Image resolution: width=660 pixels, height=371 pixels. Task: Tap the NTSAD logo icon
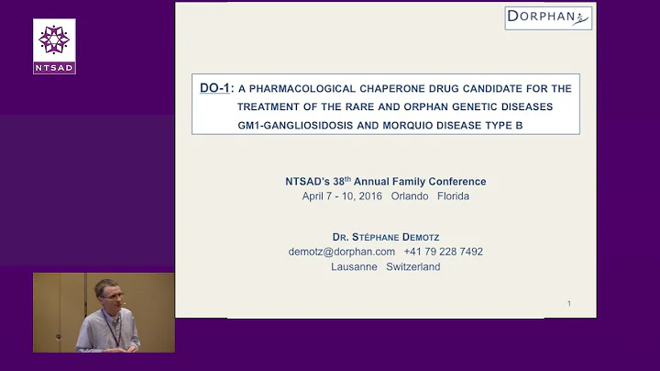click(x=54, y=40)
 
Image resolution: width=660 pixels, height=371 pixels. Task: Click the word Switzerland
click(x=413, y=267)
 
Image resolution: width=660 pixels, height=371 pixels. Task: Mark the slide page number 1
click(x=569, y=304)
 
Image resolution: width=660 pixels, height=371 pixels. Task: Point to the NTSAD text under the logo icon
click(x=54, y=68)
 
